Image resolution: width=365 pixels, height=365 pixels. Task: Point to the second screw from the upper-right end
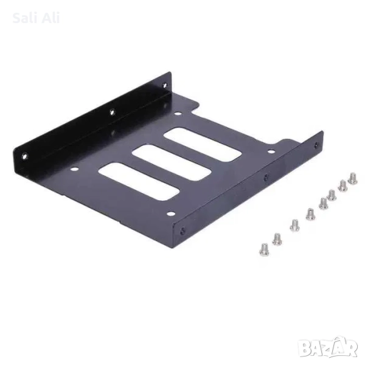click(x=342, y=185)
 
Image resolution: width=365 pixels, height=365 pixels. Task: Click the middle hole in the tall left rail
click(x=111, y=111)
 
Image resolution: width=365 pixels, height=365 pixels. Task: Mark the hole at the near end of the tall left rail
click(x=25, y=156)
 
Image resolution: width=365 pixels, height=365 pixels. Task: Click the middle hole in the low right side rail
click(x=265, y=178)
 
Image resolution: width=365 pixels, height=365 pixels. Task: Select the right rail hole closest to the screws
click(x=315, y=145)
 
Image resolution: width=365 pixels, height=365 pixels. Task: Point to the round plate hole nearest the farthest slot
click(x=176, y=113)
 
